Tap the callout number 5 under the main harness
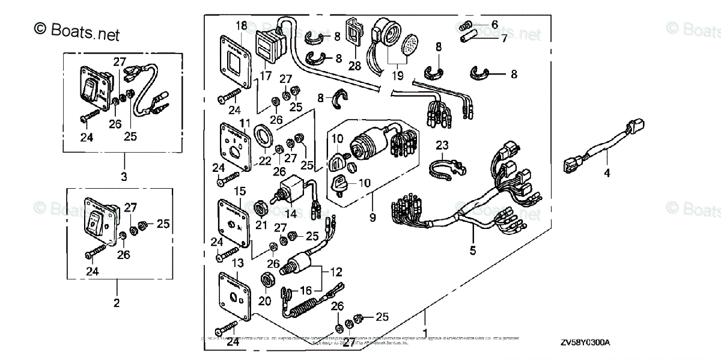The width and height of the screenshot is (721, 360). [x=473, y=250]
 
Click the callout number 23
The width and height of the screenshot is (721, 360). [x=442, y=145]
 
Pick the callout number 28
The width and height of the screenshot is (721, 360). [x=355, y=66]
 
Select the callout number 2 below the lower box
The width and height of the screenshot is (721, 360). [x=117, y=302]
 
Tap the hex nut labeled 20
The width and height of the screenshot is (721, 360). [x=264, y=281]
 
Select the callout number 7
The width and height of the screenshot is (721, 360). [x=503, y=38]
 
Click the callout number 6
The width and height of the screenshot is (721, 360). [x=494, y=25]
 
